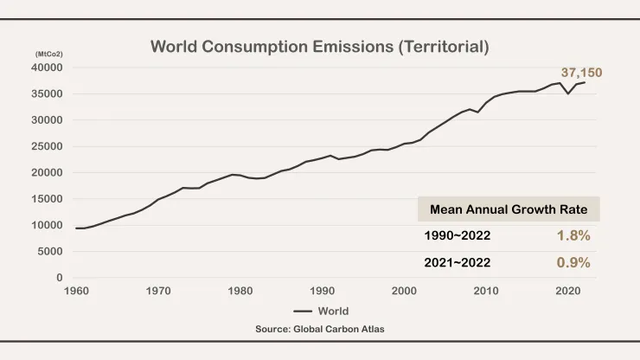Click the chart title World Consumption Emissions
[319, 47]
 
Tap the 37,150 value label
[582, 74]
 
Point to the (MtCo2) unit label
[48, 55]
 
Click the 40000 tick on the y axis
[48, 67]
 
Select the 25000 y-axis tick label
[48, 146]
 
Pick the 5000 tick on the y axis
[51, 252]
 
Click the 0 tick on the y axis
[59, 278]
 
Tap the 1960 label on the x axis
[76, 292]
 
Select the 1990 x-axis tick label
[323, 292]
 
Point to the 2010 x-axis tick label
[486, 292]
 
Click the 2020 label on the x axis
[568, 292]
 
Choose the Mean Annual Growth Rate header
[509, 209]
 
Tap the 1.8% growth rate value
[573, 235]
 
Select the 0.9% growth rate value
[573, 262]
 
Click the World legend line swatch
[302, 311]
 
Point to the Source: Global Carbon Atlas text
[319, 330]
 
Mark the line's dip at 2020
[568, 93]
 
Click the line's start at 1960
[76, 228]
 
